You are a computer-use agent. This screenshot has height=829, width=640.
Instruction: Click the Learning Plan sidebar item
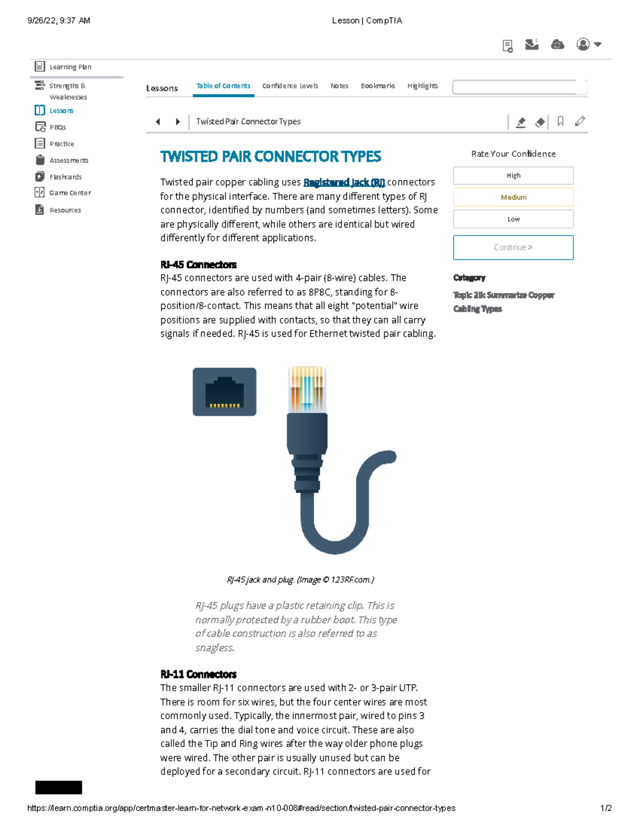coord(69,67)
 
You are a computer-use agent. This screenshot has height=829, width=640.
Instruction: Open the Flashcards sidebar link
coord(65,177)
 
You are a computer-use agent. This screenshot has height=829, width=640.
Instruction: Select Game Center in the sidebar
coord(69,193)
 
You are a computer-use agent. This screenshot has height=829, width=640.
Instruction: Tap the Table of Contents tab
coord(223,86)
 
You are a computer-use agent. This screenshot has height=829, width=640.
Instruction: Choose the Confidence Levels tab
coord(290,86)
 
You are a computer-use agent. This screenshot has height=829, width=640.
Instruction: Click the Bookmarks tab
coord(378,86)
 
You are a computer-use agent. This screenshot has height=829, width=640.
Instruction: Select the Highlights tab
coord(422,86)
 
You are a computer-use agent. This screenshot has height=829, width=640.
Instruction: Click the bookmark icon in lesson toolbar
coord(560,122)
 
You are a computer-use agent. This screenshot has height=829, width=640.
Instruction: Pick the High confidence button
coord(513,176)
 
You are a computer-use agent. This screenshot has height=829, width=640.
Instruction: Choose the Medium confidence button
coord(513,197)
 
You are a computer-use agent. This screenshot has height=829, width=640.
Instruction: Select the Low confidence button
coord(513,219)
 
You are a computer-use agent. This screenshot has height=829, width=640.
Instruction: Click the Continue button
coord(513,248)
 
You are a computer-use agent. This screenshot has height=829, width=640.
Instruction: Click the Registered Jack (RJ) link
coord(344,183)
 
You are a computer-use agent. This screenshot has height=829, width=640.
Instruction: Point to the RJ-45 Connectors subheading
coord(198,265)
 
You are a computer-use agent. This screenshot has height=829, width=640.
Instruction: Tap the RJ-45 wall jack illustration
coord(225,392)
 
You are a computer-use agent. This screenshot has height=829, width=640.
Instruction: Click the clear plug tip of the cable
coord(307,389)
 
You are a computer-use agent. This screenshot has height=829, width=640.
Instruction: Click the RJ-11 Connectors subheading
coord(198,674)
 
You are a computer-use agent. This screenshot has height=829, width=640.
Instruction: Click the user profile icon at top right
coord(583,44)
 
